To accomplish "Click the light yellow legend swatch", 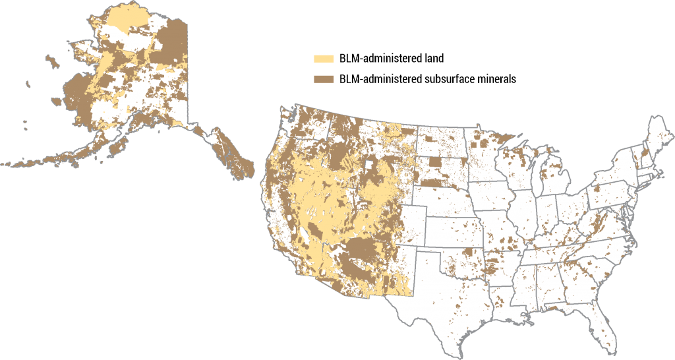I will pos(323,59).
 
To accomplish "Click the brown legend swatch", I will pos(323,79).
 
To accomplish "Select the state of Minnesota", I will pos(491,152).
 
